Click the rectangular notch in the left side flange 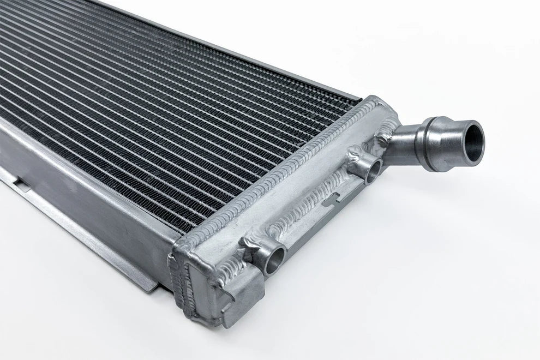tap(22, 182)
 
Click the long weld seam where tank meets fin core tap(284, 169)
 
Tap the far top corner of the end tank tap(376, 100)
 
